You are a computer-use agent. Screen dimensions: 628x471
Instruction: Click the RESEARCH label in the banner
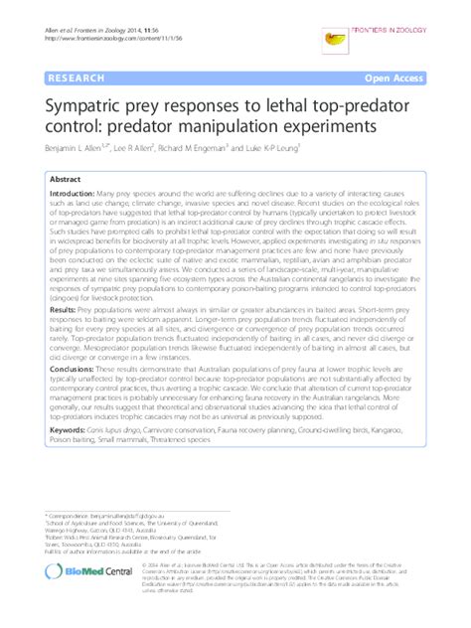tap(65, 75)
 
